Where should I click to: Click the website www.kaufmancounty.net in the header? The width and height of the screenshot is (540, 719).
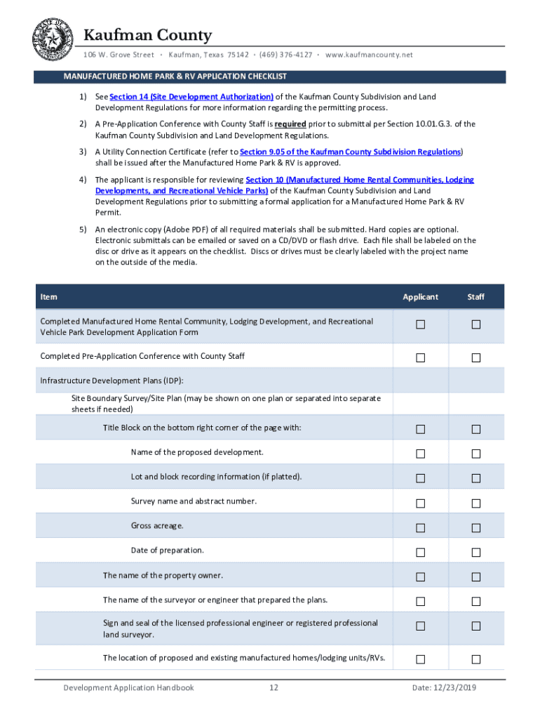point(369,55)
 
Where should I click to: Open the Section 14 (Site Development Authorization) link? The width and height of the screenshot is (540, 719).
point(191,97)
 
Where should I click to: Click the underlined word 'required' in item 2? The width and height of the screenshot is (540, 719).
point(290,124)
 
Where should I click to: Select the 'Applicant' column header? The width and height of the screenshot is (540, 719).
point(420,297)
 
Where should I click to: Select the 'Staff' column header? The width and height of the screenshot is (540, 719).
point(475,297)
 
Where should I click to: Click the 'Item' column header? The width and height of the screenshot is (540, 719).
point(49,297)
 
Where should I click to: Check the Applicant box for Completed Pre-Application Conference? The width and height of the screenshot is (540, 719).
point(420,357)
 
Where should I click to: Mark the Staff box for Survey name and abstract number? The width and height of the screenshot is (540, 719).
point(475,503)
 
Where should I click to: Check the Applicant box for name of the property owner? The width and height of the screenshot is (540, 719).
point(420,577)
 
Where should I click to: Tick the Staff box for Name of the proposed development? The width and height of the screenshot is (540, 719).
point(475,454)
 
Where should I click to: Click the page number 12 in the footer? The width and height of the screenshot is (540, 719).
point(274,688)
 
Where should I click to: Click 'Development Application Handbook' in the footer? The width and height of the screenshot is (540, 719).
point(128,688)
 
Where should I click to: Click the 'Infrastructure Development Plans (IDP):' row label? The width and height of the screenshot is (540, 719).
point(112,381)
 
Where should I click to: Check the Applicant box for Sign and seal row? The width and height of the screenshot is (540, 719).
point(420,626)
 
